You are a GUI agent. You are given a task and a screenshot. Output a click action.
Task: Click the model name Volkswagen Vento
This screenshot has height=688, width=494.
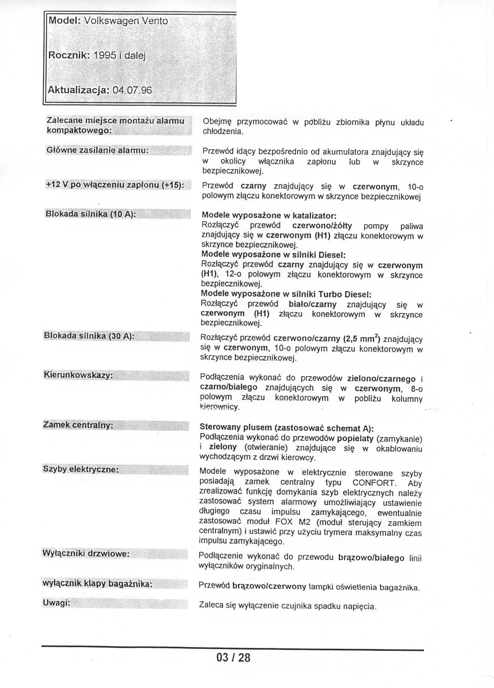[126, 21]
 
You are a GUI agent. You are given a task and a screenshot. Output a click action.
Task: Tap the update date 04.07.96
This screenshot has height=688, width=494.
[132, 90]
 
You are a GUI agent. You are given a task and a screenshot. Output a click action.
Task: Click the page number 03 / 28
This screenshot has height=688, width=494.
[234, 657]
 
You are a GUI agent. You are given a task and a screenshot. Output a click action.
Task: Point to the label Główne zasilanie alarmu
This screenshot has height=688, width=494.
[98, 150]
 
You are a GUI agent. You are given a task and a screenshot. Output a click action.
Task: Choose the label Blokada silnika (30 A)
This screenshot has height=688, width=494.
[89, 336]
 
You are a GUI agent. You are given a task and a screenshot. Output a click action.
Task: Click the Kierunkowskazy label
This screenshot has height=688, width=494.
[78, 375]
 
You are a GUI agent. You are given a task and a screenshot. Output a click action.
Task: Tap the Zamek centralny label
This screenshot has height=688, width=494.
[78, 425]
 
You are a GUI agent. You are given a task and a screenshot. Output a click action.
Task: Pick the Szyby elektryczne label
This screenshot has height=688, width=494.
[81, 469]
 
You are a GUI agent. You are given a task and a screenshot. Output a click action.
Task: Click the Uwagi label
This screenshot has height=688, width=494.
[56, 603]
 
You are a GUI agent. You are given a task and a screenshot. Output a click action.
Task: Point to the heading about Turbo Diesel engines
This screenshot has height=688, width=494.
[286, 294]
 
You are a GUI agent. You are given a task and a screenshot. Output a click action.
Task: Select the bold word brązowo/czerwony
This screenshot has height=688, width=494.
[269, 586]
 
